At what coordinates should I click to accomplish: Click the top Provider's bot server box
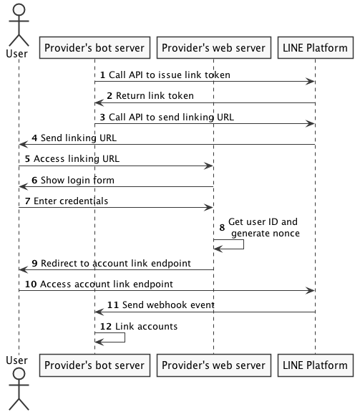[x=94, y=47]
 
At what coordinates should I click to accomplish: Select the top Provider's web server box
[x=214, y=47]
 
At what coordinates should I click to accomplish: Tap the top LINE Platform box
[x=316, y=47]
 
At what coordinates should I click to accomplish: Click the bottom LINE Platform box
[x=316, y=365]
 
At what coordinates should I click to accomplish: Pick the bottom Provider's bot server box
[x=94, y=365]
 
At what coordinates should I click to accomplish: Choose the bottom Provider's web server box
[x=214, y=365]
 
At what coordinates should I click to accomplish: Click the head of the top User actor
[x=19, y=9]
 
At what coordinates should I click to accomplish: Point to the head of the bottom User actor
[x=19, y=373]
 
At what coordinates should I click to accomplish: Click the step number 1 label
[x=102, y=75]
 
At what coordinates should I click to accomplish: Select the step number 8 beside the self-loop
[x=222, y=228]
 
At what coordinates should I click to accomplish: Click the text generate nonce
[x=266, y=234]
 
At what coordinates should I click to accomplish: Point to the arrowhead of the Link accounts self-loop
[x=99, y=342]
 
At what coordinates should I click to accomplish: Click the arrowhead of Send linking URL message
[x=24, y=145]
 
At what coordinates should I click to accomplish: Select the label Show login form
[x=77, y=181]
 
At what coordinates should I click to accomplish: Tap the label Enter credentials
[x=71, y=201]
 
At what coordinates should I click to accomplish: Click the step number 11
[x=113, y=305]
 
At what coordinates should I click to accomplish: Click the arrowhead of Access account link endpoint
[x=311, y=291]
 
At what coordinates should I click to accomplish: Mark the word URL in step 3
[x=225, y=117]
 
